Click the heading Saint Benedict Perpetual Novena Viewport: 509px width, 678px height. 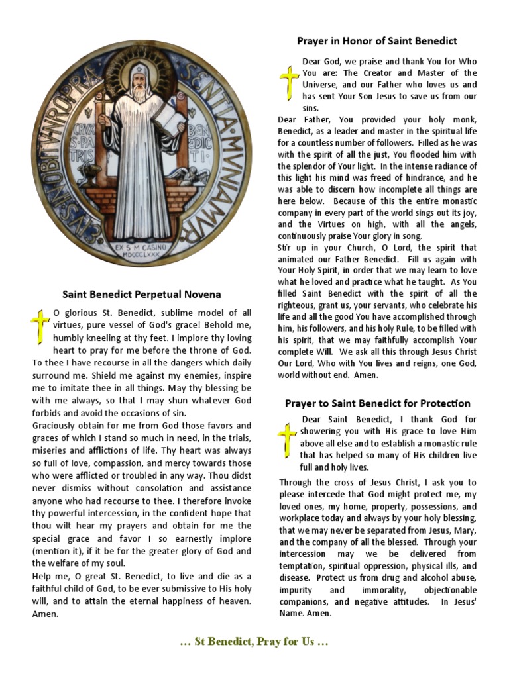142,294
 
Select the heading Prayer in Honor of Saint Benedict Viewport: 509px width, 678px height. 377,41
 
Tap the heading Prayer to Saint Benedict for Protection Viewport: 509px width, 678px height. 378,403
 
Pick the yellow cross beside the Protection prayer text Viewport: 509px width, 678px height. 287,438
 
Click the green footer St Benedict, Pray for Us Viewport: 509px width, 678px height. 254,642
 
